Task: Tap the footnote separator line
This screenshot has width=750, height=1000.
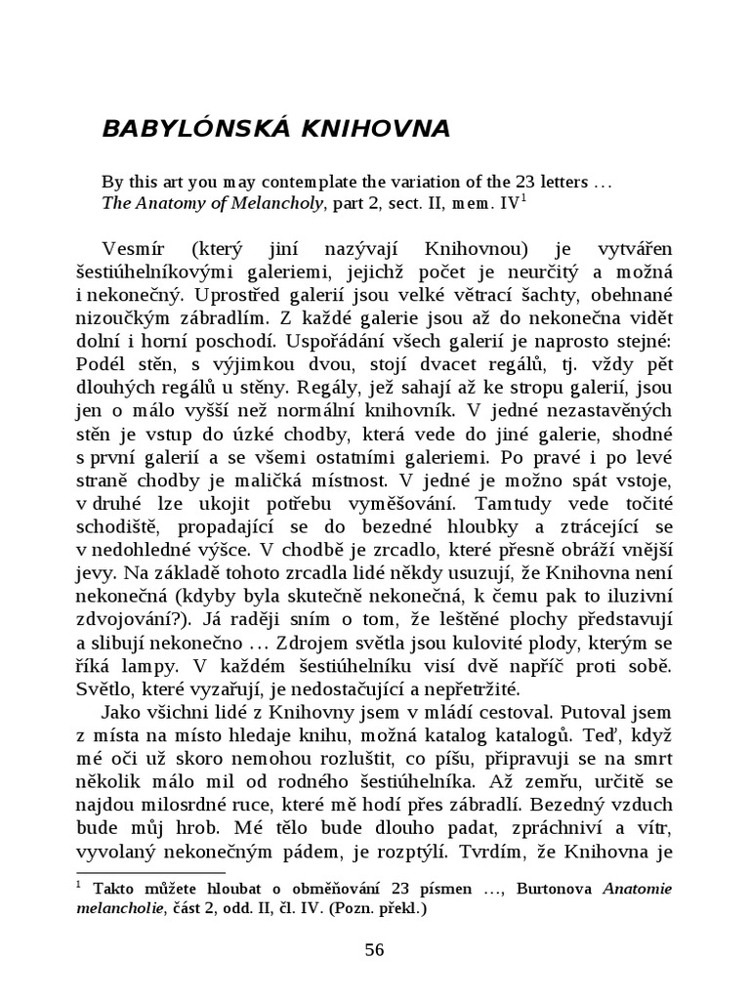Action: click(149, 872)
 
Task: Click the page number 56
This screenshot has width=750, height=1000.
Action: click(375, 950)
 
